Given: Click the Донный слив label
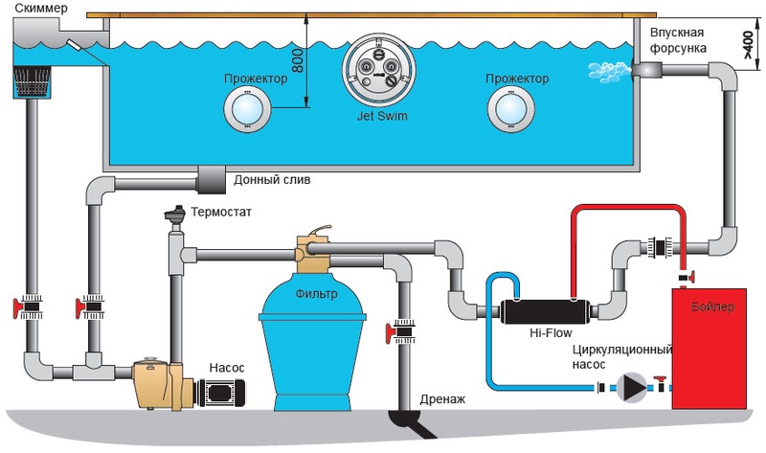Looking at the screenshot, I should click(x=273, y=179).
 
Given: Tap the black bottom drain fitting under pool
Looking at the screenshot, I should click(x=211, y=178).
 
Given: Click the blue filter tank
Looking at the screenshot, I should click(x=312, y=335).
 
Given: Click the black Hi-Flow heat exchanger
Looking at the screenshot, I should click(x=543, y=310).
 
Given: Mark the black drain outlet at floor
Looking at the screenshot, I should click(x=410, y=420).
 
